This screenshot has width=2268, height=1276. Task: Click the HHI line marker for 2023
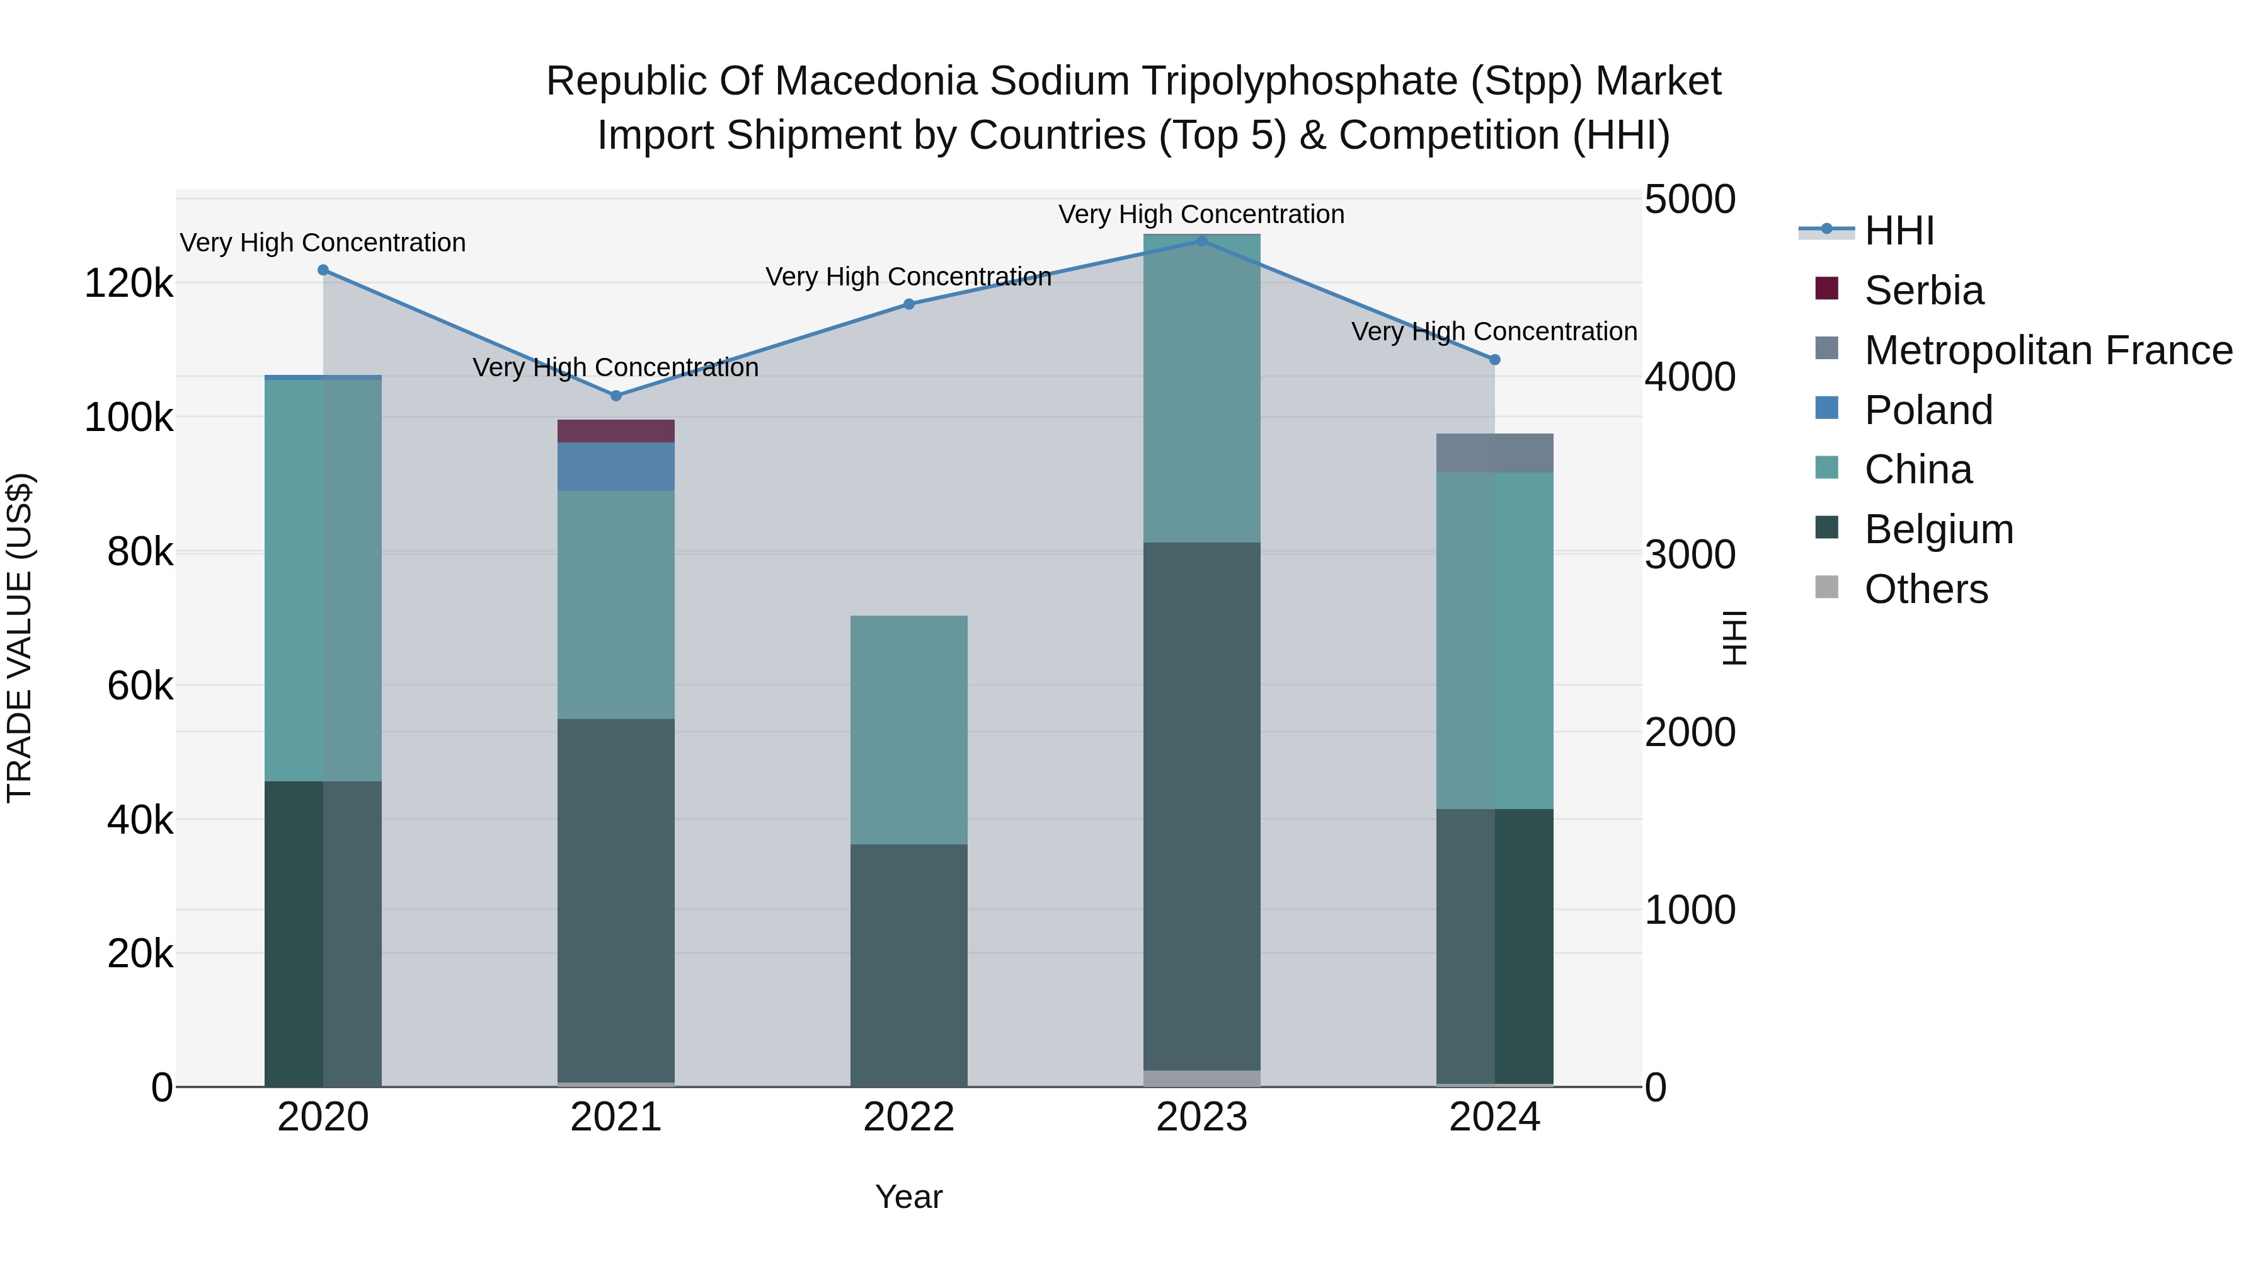pyautogui.click(x=1202, y=241)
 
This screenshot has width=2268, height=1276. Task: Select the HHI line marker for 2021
pyautogui.click(x=616, y=395)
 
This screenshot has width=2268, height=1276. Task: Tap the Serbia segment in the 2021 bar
pyautogui.click(x=616, y=430)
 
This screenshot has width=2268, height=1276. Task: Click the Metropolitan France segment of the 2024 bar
pyautogui.click(x=1494, y=452)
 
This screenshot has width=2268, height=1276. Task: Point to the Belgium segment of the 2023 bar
pyautogui.click(x=1202, y=806)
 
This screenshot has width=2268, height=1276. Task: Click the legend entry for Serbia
pyautogui.click(x=1924, y=290)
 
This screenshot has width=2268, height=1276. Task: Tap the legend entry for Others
pyautogui.click(x=1925, y=589)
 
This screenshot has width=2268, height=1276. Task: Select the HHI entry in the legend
pyautogui.click(x=1899, y=231)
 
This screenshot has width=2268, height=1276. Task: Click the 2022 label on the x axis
pyautogui.click(x=908, y=1117)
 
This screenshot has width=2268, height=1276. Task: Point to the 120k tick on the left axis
pyautogui.click(x=129, y=284)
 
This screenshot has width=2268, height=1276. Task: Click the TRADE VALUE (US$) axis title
pyautogui.click(x=20, y=638)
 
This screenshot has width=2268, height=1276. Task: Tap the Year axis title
pyautogui.click(x=908, y=1197)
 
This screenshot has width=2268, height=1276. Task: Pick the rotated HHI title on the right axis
pyautogui.click(x=1732, y=638)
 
